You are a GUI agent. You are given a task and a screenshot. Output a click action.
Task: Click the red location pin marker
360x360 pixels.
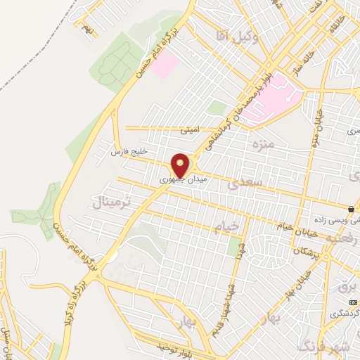(181, 165)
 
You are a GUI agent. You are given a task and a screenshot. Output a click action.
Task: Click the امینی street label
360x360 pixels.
(191, 130)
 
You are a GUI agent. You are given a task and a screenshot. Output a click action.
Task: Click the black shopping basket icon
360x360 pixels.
(350, 209)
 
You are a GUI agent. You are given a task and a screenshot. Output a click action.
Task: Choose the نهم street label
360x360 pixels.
(86, 28)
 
